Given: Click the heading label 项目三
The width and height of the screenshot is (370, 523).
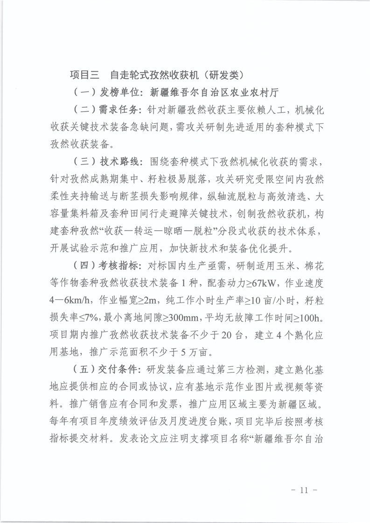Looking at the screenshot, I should (x=84, y=75).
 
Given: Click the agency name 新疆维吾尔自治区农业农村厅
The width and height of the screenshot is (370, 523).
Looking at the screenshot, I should (x=206, y=92).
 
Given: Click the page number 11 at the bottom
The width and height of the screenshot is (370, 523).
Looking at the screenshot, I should (x=305, y=490).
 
